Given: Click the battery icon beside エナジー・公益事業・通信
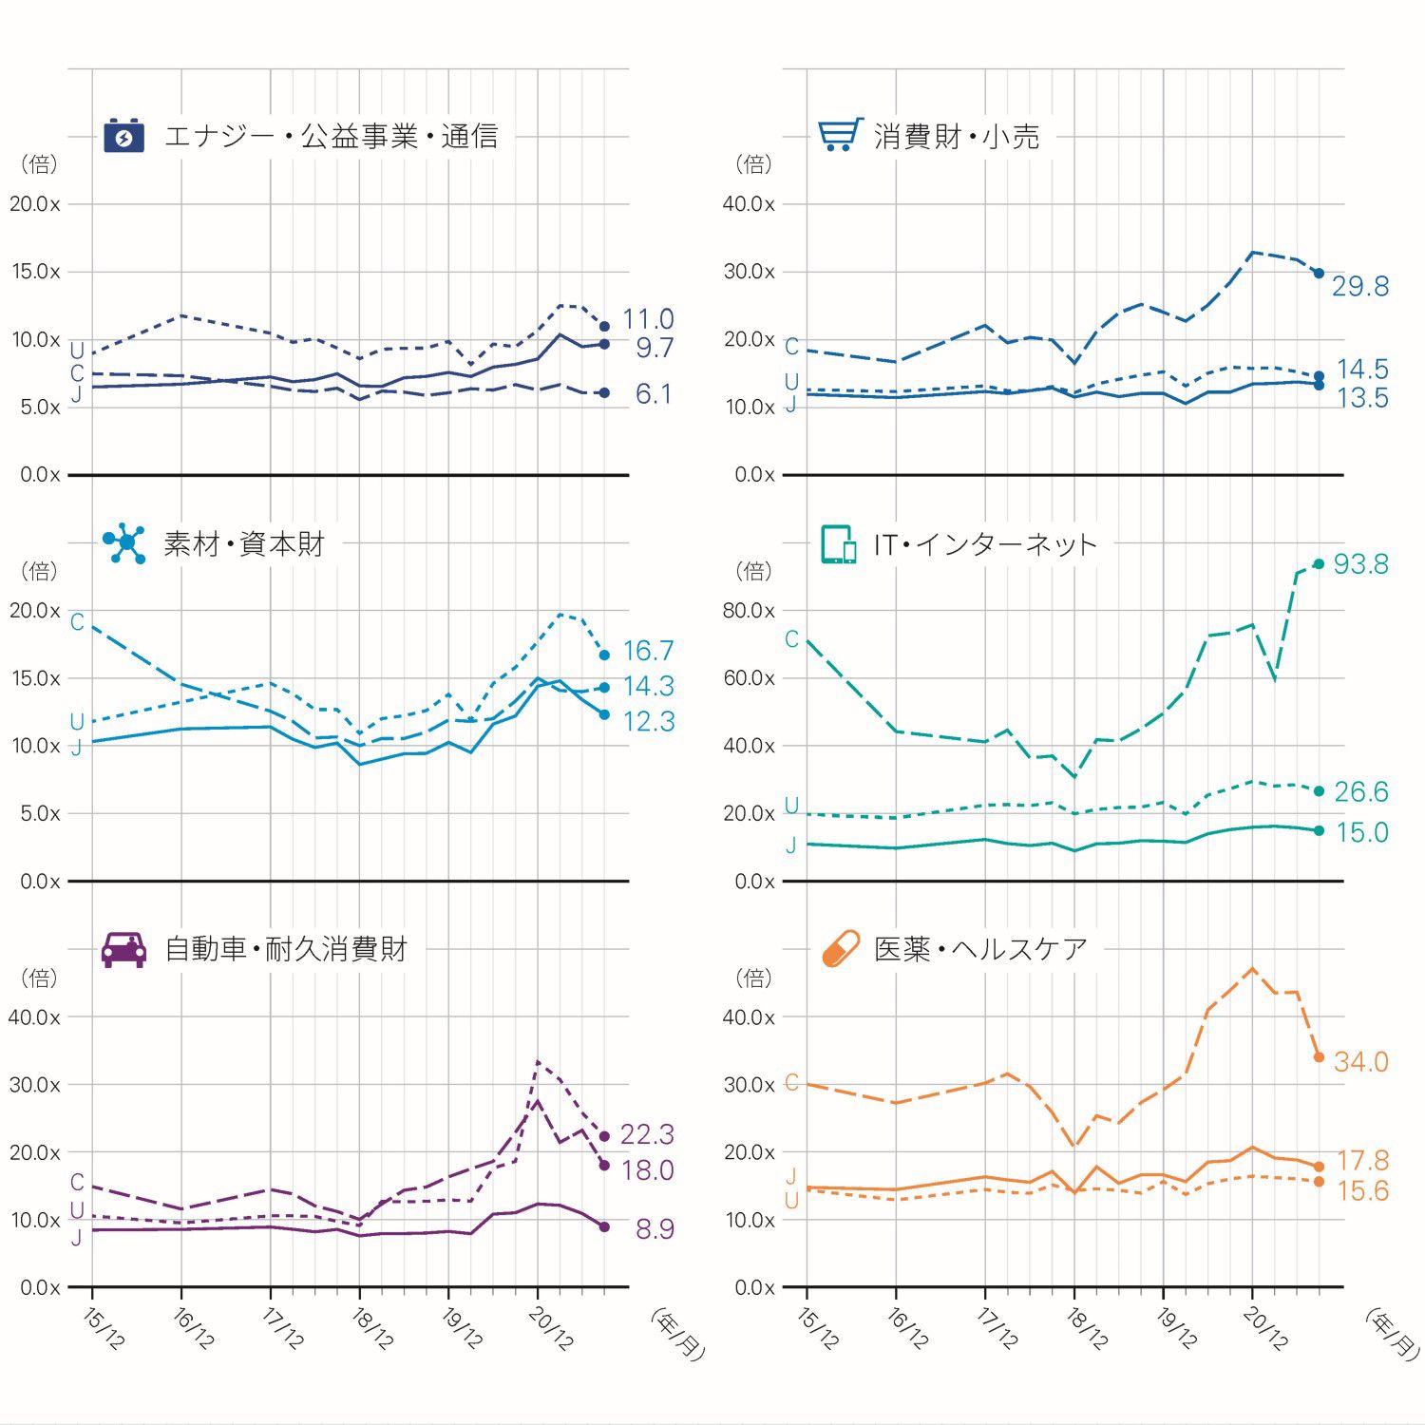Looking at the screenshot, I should coord(123,136).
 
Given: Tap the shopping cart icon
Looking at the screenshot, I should coord(840,135).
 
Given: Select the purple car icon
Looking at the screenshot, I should coord(123,948).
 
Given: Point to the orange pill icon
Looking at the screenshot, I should coord(840,948).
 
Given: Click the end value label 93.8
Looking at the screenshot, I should coord(1360,564).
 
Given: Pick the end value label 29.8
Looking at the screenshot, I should coord(1359,286).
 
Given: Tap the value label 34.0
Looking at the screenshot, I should coord(1360,1062).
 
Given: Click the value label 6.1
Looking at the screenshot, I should coord(654,394).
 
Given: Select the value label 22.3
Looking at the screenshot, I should coord(647,1134).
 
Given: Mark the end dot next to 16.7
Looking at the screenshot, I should coord(604,655).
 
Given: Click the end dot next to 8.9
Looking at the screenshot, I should coord(604,1227).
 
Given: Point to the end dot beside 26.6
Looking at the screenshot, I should coord(1319,791).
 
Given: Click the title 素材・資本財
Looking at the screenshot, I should coord(244,543).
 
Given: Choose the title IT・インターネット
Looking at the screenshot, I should coord(985,544).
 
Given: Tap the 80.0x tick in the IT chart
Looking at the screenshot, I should coord(749,611).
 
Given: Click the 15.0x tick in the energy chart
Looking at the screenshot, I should coord(36,272).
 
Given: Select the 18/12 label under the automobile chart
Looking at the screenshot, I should coord(371,1328).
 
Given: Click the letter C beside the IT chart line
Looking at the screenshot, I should coord(791,639).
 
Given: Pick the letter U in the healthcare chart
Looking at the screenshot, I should coord(791,1201).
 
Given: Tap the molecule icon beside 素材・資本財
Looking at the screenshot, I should coord(124,542).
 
